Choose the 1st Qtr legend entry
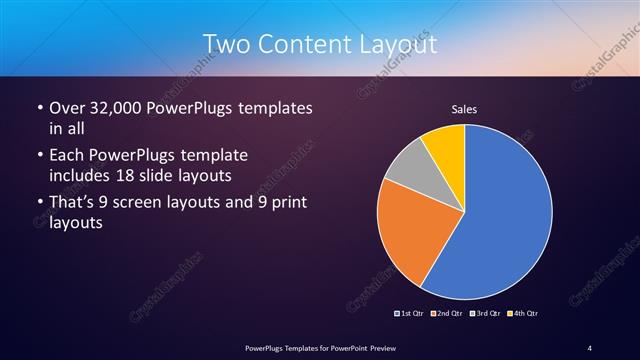click(411, 314)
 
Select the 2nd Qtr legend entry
click(447, 314)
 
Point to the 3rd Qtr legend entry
click(484, 314)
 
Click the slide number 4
click(590, 347)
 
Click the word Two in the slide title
click(226, 45)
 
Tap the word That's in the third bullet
click(74, 204)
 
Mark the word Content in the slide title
click(304, 45)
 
